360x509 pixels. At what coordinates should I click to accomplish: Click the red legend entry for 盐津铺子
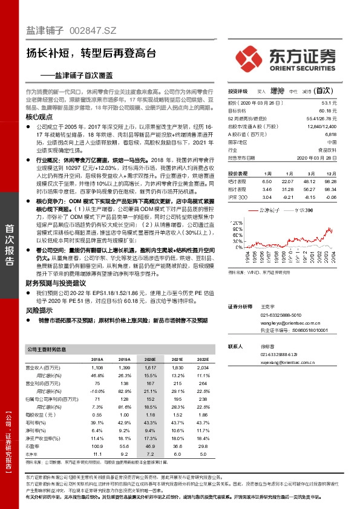[x=266, y=209]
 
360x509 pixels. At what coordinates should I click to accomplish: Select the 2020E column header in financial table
[x=149, y=358]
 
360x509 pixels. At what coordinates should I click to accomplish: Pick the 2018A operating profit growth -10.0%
[x=97, y=391]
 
